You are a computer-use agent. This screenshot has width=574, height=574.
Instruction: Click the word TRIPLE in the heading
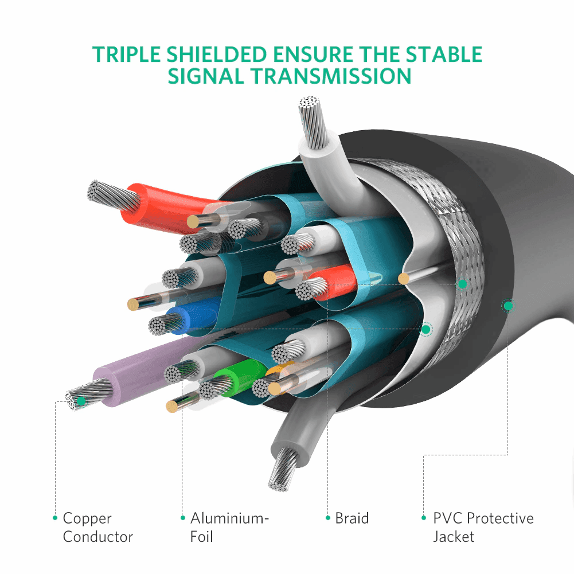click(126, 54)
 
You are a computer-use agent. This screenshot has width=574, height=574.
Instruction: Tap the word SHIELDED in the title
click(217, 54)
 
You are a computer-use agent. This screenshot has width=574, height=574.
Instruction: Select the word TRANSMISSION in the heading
click(331, 76)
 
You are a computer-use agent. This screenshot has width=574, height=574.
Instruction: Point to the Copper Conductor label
click(97, 528)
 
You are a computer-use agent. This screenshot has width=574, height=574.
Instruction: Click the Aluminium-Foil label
click(229, 528)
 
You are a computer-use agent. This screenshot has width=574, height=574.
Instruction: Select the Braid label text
click(352, 518)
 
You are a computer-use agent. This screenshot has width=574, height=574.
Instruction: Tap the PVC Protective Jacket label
click(483, 528)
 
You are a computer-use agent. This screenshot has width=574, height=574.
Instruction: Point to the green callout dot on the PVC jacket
click(508, 306)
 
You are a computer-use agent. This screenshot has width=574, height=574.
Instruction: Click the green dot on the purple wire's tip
click(81, 401)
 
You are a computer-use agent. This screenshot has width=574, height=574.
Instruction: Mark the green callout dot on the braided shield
click(463, 284)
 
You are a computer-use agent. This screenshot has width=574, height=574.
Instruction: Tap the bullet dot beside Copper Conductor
click(55, 518)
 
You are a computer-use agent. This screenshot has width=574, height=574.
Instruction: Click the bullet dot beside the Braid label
click(328, 518)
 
